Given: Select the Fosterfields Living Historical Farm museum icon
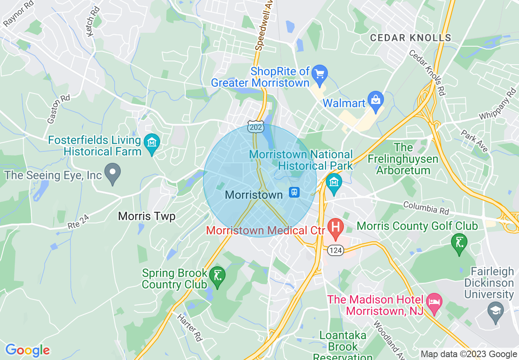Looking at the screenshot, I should coord(152,143).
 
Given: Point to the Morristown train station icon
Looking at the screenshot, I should coord(294,192).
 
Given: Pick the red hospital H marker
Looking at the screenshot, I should coord(336,227).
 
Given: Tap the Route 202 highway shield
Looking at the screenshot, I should coord(255,128).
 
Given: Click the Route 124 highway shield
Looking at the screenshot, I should coord(336,250).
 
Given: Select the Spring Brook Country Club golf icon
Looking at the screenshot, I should coord(217,276).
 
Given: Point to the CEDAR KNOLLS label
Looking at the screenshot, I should coord(411,38).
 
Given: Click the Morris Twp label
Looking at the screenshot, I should coord(147,216).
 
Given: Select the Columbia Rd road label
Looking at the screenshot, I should coord(426,207).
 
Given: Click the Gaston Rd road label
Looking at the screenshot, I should coord(59,109).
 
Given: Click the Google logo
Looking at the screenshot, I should coord(27,350).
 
